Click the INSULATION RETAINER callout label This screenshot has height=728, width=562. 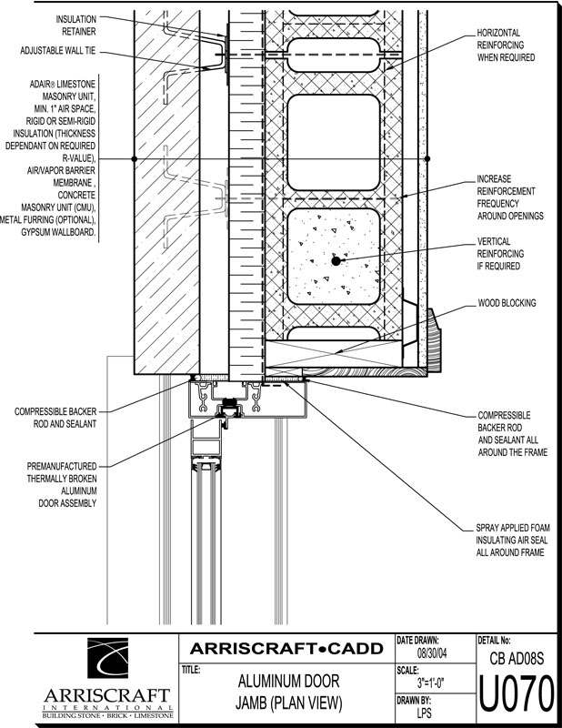76,25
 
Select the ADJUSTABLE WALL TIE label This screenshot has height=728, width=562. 57,51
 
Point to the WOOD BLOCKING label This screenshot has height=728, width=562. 507,303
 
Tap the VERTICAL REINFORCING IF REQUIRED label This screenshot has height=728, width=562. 500,254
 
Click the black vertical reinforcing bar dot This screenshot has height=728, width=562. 336,261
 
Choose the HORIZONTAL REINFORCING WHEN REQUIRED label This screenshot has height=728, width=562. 506,45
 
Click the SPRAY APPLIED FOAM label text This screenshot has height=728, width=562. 513,528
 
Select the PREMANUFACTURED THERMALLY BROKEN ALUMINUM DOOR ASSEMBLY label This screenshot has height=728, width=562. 62,485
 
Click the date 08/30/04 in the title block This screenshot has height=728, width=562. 432,653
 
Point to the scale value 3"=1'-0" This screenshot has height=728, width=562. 431,683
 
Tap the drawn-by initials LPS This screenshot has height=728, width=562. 424,713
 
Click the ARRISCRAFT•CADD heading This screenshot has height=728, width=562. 286,648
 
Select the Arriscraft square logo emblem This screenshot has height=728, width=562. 107,658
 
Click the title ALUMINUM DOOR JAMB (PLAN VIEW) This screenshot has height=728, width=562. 288,693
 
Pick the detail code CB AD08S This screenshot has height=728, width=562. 517,658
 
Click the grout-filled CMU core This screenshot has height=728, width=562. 334,257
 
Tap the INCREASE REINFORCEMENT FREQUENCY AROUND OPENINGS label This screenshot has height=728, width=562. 510,197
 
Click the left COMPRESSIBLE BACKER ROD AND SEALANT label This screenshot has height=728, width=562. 55,418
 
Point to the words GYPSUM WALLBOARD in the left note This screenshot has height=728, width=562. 58,232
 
